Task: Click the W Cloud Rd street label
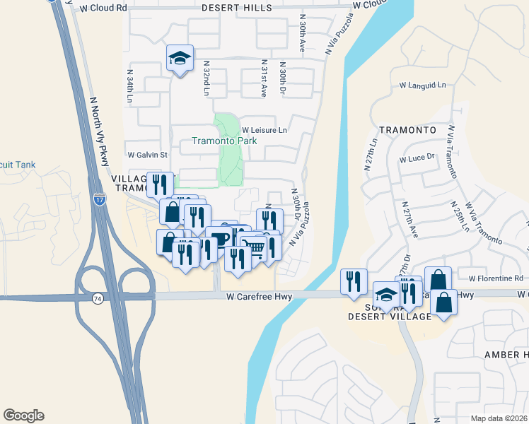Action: tap(103, 8)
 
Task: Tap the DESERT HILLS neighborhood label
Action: tap(236, 8)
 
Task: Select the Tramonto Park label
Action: tap(226, 140)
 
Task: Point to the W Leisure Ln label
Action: tap(265, 130)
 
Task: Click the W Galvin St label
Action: tap(147, 155)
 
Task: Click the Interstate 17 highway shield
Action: tap(98, 201)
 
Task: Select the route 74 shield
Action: tap(97, 300)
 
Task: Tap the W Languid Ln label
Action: tap(423, 86)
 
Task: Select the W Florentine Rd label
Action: tap(490, 278)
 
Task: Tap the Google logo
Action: tap(23, 416)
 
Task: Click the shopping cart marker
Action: tap(254, 247)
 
